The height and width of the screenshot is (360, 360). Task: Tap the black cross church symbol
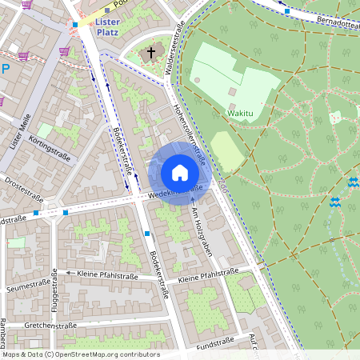[x=150, y=54]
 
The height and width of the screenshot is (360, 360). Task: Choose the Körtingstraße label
[x=49, y=148]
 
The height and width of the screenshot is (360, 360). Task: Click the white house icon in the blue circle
[x=179, y=173]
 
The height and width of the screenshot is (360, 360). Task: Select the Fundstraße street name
[x=214, y=343]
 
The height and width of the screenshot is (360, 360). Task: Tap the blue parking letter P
[x=5, y=69]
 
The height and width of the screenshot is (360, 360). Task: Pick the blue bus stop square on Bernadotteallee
[x=286, y=12]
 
